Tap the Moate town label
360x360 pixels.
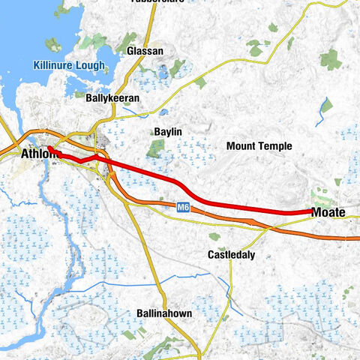pyautogui.click(x=328, y=213)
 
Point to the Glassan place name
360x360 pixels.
pyautogui.click(x=145, y=50)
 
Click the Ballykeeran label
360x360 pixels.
pyautogui.click(x=112, y=97)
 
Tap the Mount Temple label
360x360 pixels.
pyautogui.click(x=259, y=145)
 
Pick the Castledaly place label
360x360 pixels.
pyautogui.click(x=231, y=255)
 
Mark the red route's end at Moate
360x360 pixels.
pyautogui.click(x=311, y=212)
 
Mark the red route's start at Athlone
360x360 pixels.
pyautogui.click(x=46, y=148)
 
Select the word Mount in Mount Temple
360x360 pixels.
pyautogui.click(x=241, y=145)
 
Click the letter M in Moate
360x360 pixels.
pyautogui.click(x=316, y=213)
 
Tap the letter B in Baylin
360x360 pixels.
pyautogui.click(x=156, y=131)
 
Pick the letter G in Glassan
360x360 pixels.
pyautogui.click(x=130, y=50)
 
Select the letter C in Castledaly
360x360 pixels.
pyautogui.click(x=211, y=255)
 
